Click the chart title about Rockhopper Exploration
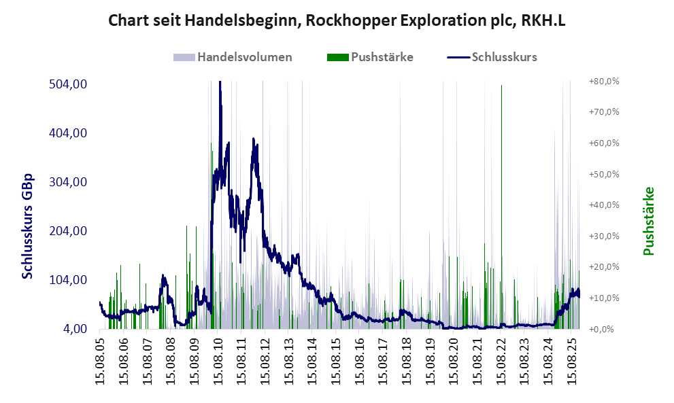pyautogui.click(x=337, y=20)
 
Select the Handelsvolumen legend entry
pyautogui.click(x=245, y=57)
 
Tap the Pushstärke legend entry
pyautogui.click(x=382, y=57)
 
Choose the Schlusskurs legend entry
pyautogui.click(x=504, y=57)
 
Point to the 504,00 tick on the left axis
pyautogui.click(x=67, y=84)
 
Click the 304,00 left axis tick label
pyautogui.click(x=67, y=182)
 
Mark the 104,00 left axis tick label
pyautogui.click(x=67, y=280)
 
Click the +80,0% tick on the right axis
pyautogui.click(x=604, y=81)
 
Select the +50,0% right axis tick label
pyautogui.click(x=604, y=174)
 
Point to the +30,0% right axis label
pyautogui.click(x=604, y=236)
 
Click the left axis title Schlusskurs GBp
pyautogui.click(x=29, y=226)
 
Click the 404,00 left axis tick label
pyautogui.click(x=67, y=133)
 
